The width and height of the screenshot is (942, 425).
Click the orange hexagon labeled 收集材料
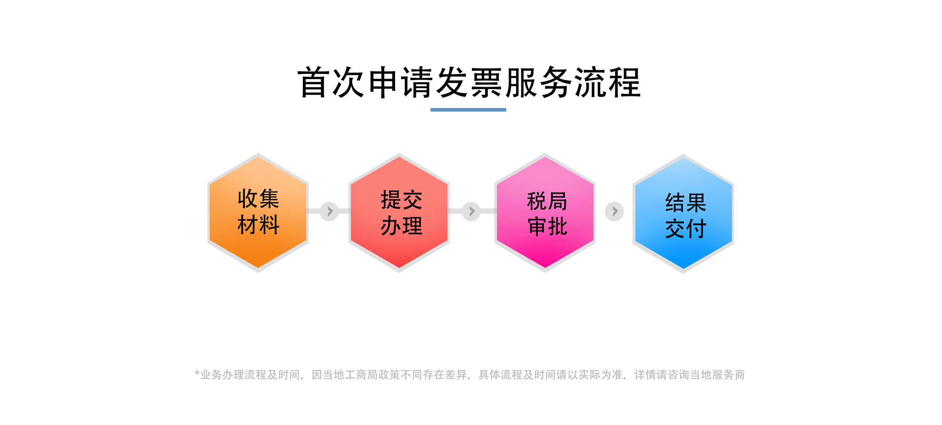click(258, 212)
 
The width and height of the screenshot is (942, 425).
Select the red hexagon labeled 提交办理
click(399, 212)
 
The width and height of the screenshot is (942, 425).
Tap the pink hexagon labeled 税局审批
click(545, 212)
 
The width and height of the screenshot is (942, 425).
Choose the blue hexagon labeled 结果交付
click(683, 213)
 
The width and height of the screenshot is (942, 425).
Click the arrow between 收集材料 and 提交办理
click(329, 211)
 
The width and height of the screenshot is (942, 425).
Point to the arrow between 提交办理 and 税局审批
click(471, 211)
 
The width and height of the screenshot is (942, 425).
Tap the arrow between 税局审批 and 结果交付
click(614, 212)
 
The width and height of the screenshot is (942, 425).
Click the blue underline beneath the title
click(468, 110)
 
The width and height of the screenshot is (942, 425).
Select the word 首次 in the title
click(332, 83)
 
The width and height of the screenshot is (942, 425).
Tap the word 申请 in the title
click(400, 83)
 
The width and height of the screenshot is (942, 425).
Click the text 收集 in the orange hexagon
click(259, 199)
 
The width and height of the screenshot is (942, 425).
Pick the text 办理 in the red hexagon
click(402, 226)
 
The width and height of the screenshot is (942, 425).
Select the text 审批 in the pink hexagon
click(547, 227)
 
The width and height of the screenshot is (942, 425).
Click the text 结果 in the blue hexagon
click(686, 203)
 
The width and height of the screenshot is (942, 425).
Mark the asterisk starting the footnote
click(197, 373)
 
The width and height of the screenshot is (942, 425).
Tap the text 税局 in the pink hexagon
click(547, 202)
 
